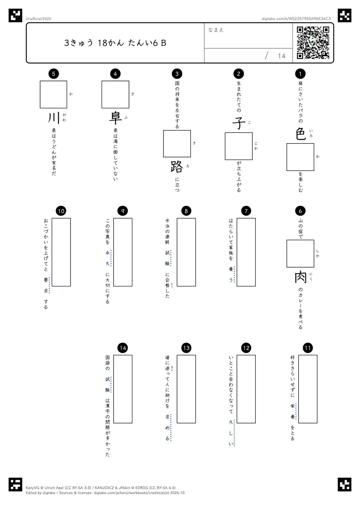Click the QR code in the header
pyautogui.click(x=313, y=43)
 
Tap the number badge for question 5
pyautogui.click(x=54, y=73)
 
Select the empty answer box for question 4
pyautogui.click(x=115, y=94)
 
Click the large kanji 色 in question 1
pyautogui.click(x=300, y=134)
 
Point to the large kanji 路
pyautogui.click(x=177, y=166)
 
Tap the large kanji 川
pyautogui.click(x=54, y=118)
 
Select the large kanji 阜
pyautogui.click(x=115, y=118)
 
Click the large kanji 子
pyautogui.click(x=238, y=123)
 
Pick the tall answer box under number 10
pyautogui.click(x=61, y=252)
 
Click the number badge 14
pyautogui.click(x=123, y=348)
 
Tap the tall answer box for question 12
pyautogui.click(x=246, y=389)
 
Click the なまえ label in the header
pyautogui.click(x=216, y=30)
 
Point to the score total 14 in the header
pyautogui.click(x=282, y=56)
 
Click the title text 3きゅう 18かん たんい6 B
pyautogui.click(x=115, y=43)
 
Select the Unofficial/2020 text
pyautogui.click(x=38, y=19)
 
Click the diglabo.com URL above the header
pyautogui.click(x=296, y=19)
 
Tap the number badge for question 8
pyautogui.click(x=186, y=211)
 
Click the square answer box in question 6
pyautogui.click(x=300, y=254)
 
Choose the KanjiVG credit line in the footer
pyautogui.click(x=100, y=488)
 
